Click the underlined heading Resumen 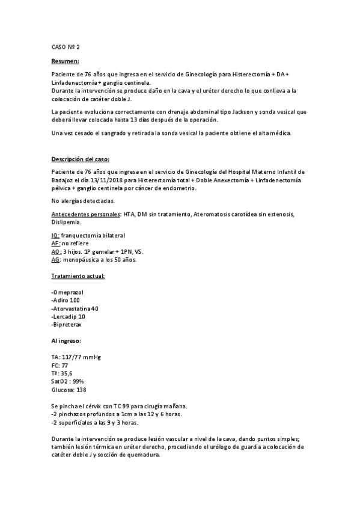tap(65, 61)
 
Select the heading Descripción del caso tap(80, 159)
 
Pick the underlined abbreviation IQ tap(55, 235)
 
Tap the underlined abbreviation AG tap(55, 260)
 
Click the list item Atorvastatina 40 tap(76, 308)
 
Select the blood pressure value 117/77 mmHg tap(81, 357)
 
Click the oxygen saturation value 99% tap(78, 381)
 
